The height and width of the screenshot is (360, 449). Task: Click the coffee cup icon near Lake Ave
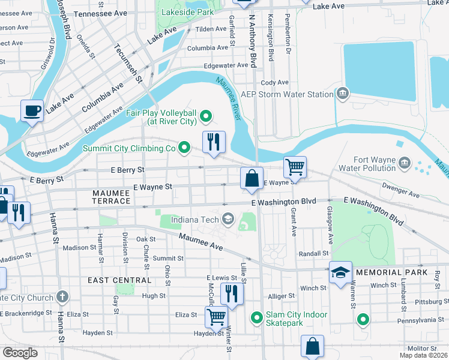pyautogui.click(x=32, y=110)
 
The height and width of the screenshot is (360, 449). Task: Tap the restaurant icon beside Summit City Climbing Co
pyautogui.click(x=214, y=142)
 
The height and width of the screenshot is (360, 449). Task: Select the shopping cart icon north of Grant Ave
pyautogui.click(x=295, y=166)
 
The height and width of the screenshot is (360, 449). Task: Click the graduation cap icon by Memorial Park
pyautogui.click(x=340, y=272)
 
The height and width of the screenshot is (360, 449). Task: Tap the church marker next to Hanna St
pyautogui.click(x=62, y=297)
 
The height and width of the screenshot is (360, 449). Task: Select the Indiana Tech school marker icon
pyautogui.click(x=228, y=218)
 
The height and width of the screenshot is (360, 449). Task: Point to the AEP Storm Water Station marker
pyautogui.click(x=343, y=94)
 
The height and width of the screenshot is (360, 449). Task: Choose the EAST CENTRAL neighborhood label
pyautogui.click(x=119, y=280)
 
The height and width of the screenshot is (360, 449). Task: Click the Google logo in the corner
pyautogui.click(x=20, y=352)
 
